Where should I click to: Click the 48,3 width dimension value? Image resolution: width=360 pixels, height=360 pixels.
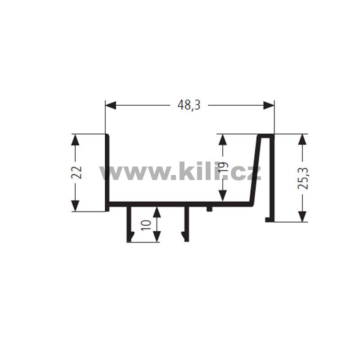(189, 105)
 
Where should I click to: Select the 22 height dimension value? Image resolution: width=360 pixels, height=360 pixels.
(76, 172)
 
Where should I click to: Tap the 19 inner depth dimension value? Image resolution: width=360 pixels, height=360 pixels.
(223, 167)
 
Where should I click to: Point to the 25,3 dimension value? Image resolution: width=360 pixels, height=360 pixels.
(302, 178)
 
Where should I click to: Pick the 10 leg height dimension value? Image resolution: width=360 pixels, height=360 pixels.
(146, 225)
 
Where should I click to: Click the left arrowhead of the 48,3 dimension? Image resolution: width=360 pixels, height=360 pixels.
(111, 105)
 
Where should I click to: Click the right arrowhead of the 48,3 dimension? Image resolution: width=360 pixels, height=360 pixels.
(269, 105)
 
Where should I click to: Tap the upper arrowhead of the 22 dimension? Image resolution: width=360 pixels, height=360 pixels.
(75, 139)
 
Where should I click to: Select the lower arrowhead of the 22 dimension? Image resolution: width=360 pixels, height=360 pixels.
(75, 206)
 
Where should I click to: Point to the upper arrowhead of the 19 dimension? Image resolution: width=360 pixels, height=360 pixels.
(223, 139)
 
